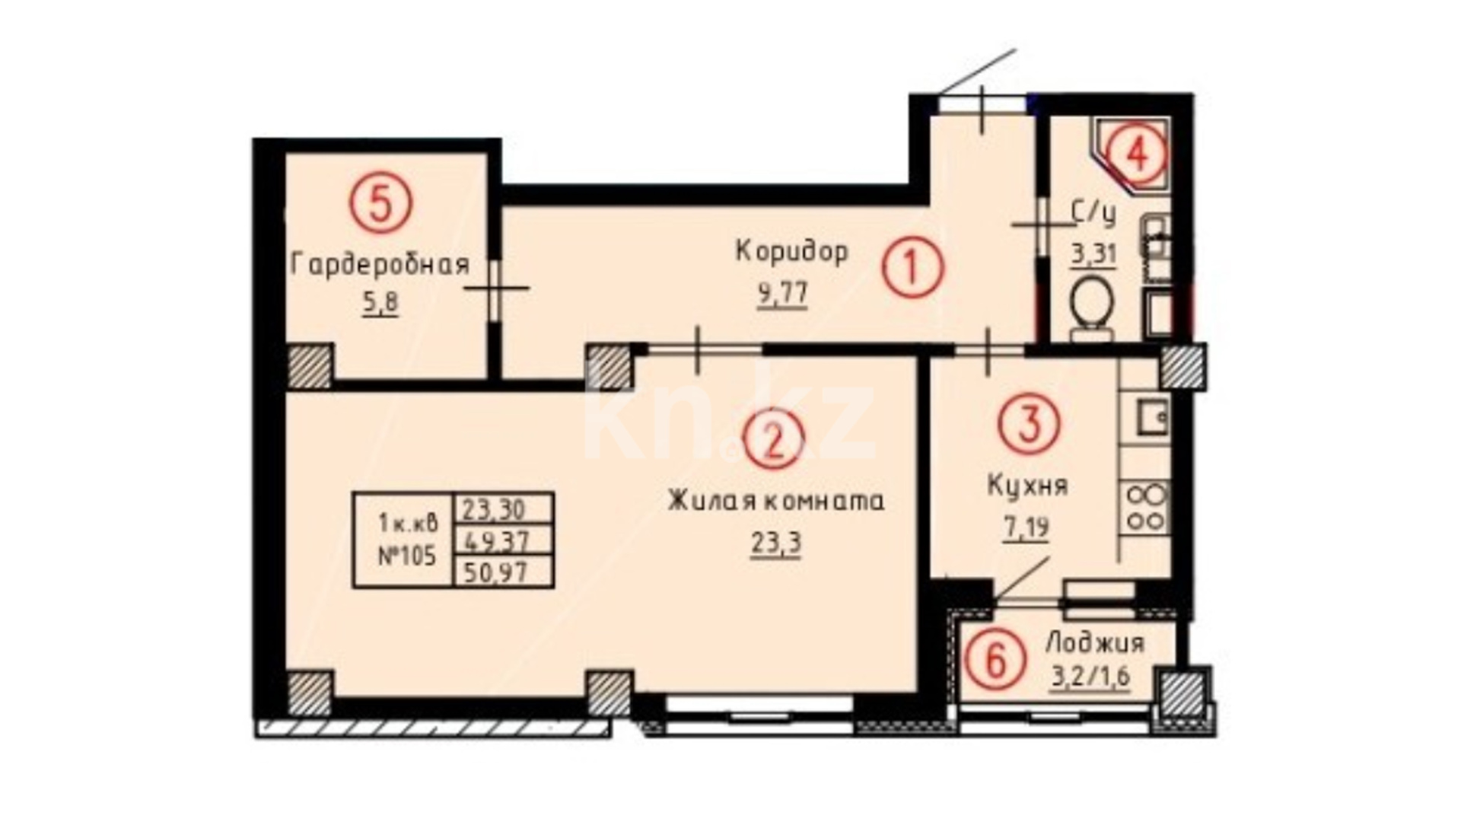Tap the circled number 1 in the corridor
pyautogui.click(x=912, y=268)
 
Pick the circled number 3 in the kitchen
pyautogui.click(x=1030, y=425)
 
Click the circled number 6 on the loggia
pyautogui.click(x=994, y=659)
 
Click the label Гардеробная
pyautogui.click(x=380, y=265)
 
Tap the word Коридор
pyautogui.click(x=791, y=251)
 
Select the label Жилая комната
pyautogui.click(x=776, y=502)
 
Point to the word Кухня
pyautogui.click(x=1027, y=486)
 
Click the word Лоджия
pyautogui.click(x=1095, y=643)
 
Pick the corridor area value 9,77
pyautogui.click(x=782, y=293)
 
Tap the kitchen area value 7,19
pyautogui.click(x=1027, y=527)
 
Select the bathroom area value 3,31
pyautogui.click(x=1094, y=253)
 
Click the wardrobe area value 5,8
pyautogui.click(x=380, y=305)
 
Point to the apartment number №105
pyautogui.click(x=407, y=556)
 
